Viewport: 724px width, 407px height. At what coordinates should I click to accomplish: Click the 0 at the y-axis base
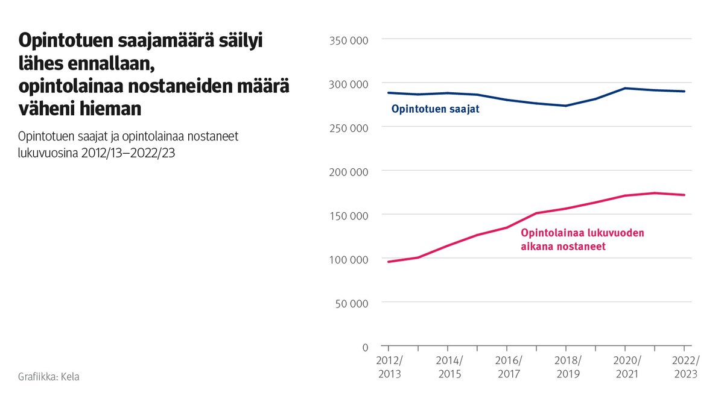(x=364, y=347)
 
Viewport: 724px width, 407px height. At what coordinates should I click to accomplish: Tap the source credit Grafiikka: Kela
(x=49, y=377)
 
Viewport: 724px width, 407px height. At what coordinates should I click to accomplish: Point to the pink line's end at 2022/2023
(x=684, y=195)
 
